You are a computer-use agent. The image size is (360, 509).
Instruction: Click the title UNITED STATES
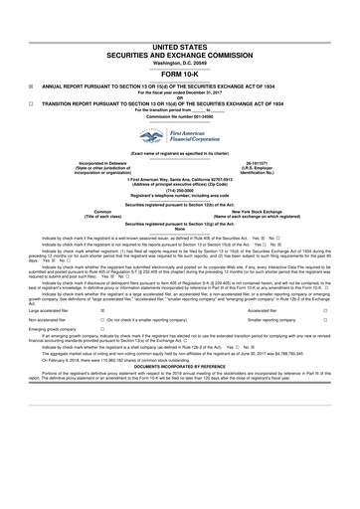click(180, 46)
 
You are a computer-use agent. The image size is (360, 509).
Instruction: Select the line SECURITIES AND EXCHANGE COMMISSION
click(180, 54)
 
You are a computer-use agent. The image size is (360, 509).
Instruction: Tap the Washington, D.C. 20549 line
click(180, 62)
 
